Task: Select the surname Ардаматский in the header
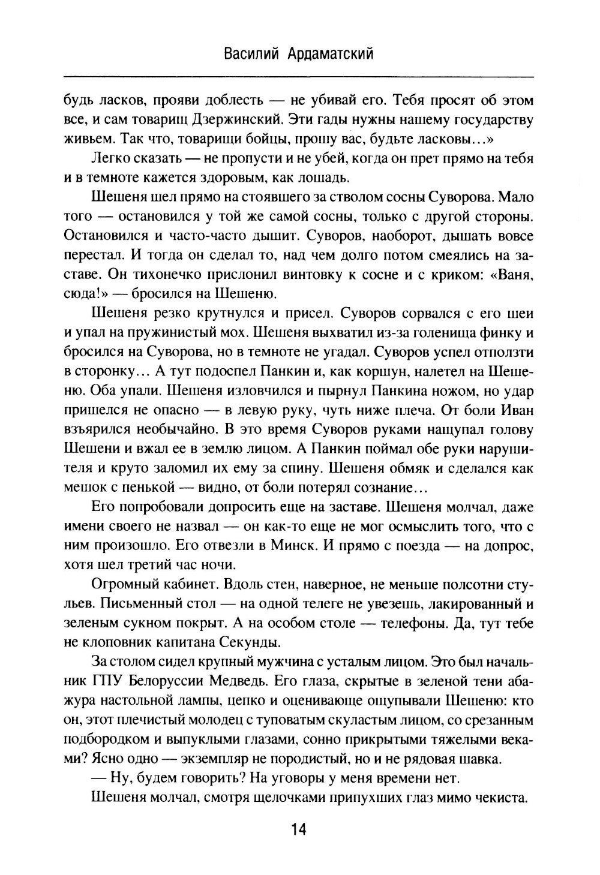click(x=328, y=55)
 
